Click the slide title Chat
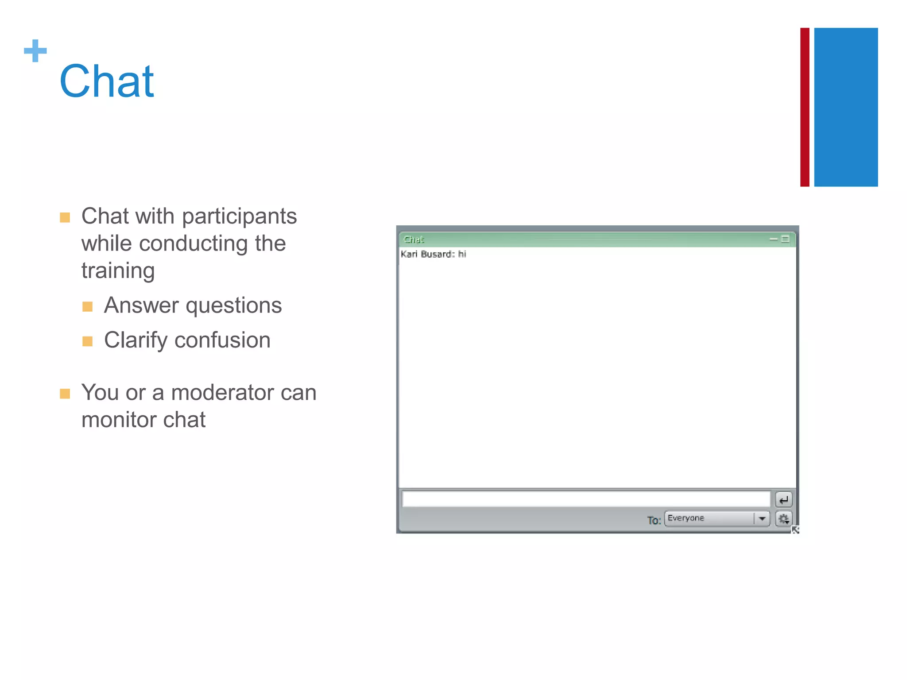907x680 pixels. (x=106, y=81)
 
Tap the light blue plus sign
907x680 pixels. (x=35, y=50)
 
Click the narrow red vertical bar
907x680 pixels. (x=805, y=107)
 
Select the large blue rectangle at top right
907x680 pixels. (x=845, y=107)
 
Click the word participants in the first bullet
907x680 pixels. (x=239, y=217)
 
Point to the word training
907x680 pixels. (x=118, y=271)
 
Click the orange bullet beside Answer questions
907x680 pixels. (x=88, y=306)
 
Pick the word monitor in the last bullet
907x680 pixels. (x=118, y=420)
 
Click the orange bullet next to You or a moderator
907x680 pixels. (x=65, y=394)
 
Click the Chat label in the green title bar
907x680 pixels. (x=414, y=240)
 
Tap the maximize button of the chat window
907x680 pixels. (x=785, y=239)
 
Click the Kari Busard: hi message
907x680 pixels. (x=433, y=254)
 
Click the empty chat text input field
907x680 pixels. (x=585, y=499)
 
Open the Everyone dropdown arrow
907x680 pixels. (x=762, y=518)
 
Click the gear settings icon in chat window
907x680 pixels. (x=783, y=519)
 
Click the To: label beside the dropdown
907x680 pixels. (x=654, y=520)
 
